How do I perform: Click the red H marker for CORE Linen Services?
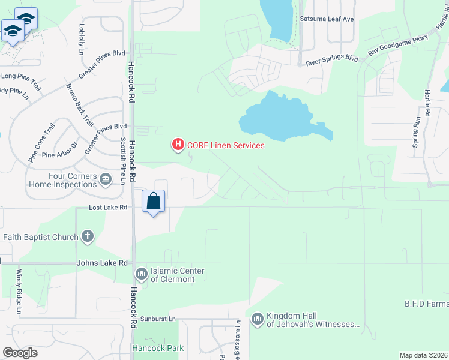[178, 145]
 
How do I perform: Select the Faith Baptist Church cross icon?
[88, 236]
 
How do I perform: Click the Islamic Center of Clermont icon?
[142, 274]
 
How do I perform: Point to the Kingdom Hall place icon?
[258, 318]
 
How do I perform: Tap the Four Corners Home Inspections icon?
[106, 178]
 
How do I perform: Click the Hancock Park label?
[157, 348]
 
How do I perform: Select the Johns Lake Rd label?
[102, 263]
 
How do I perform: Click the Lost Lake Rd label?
[109, 208]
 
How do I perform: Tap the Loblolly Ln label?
[82, 38]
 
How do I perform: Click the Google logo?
[20, 353]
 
